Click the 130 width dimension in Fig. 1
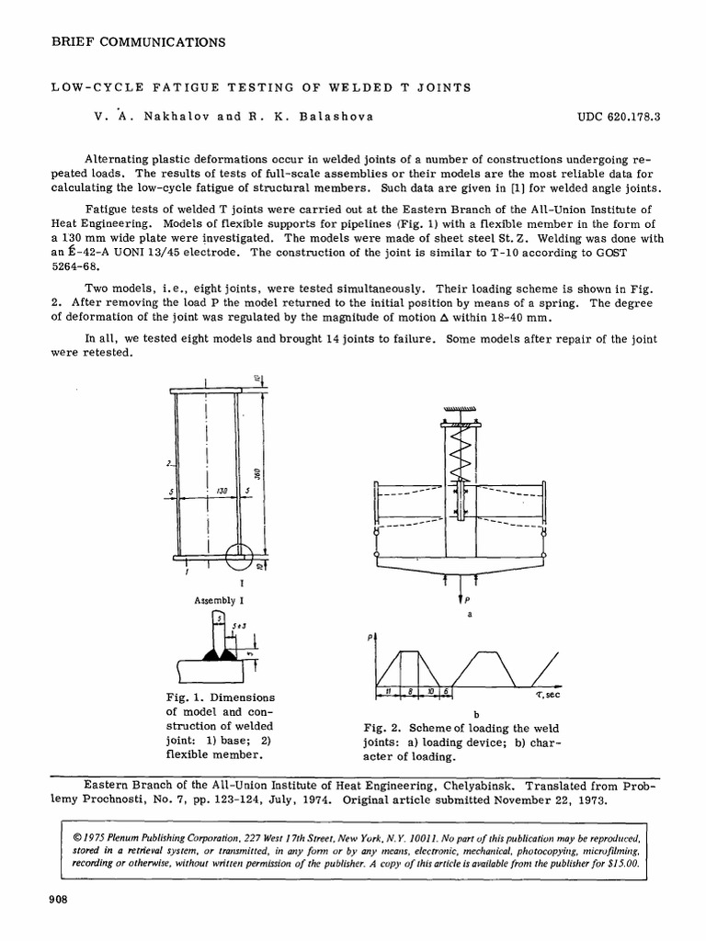[x=222, y=493]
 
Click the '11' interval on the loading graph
[x=389, y=691]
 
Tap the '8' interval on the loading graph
[x=410, y=691]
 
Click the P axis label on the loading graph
[x=370, y=637]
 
